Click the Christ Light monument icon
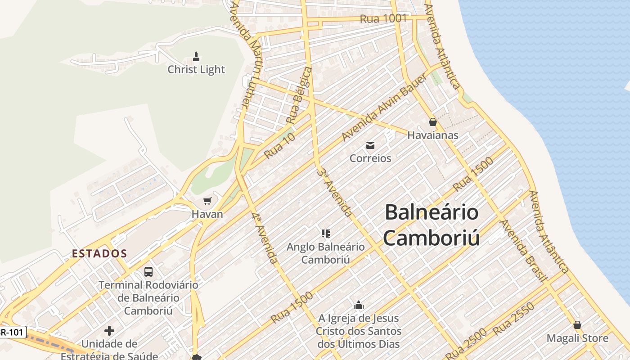pyautogui.click(x=196, y=57)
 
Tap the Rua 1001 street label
pyautogui.click(x=383, y=19)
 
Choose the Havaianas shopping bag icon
pyautogui.click(x=432, y=122)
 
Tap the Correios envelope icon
pyautogui.click(x=370, y=145)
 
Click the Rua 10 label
pyautogui.click(x=280, y=145)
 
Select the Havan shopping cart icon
pyautogui.click(x=207, y=201)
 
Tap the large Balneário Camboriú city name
pyautogui.click(x=431, y=225)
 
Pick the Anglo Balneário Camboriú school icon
pyautogui.click(x=326, y=233)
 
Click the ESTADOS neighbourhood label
pyautogui.click(x=99, y=253)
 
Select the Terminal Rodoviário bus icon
pyautogui.click(x=148, y=272)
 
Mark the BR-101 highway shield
pyautogui.click(x=13, y=332)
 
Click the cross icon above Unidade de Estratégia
pyautogui.click(x=109, y=331)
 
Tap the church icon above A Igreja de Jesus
pyautogui.click(x=358, y=305)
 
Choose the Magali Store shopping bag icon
pyautogui.click(x=577, y=325)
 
